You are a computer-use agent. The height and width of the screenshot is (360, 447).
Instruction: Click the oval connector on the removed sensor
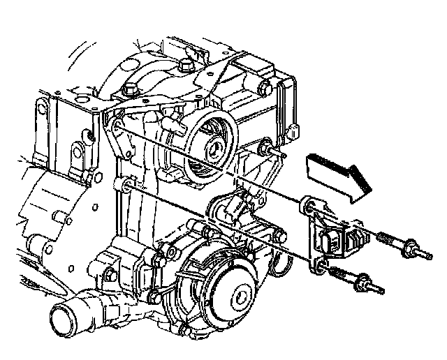(332, 241)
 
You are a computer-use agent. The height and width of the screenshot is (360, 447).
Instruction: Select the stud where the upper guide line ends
(268, 147)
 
